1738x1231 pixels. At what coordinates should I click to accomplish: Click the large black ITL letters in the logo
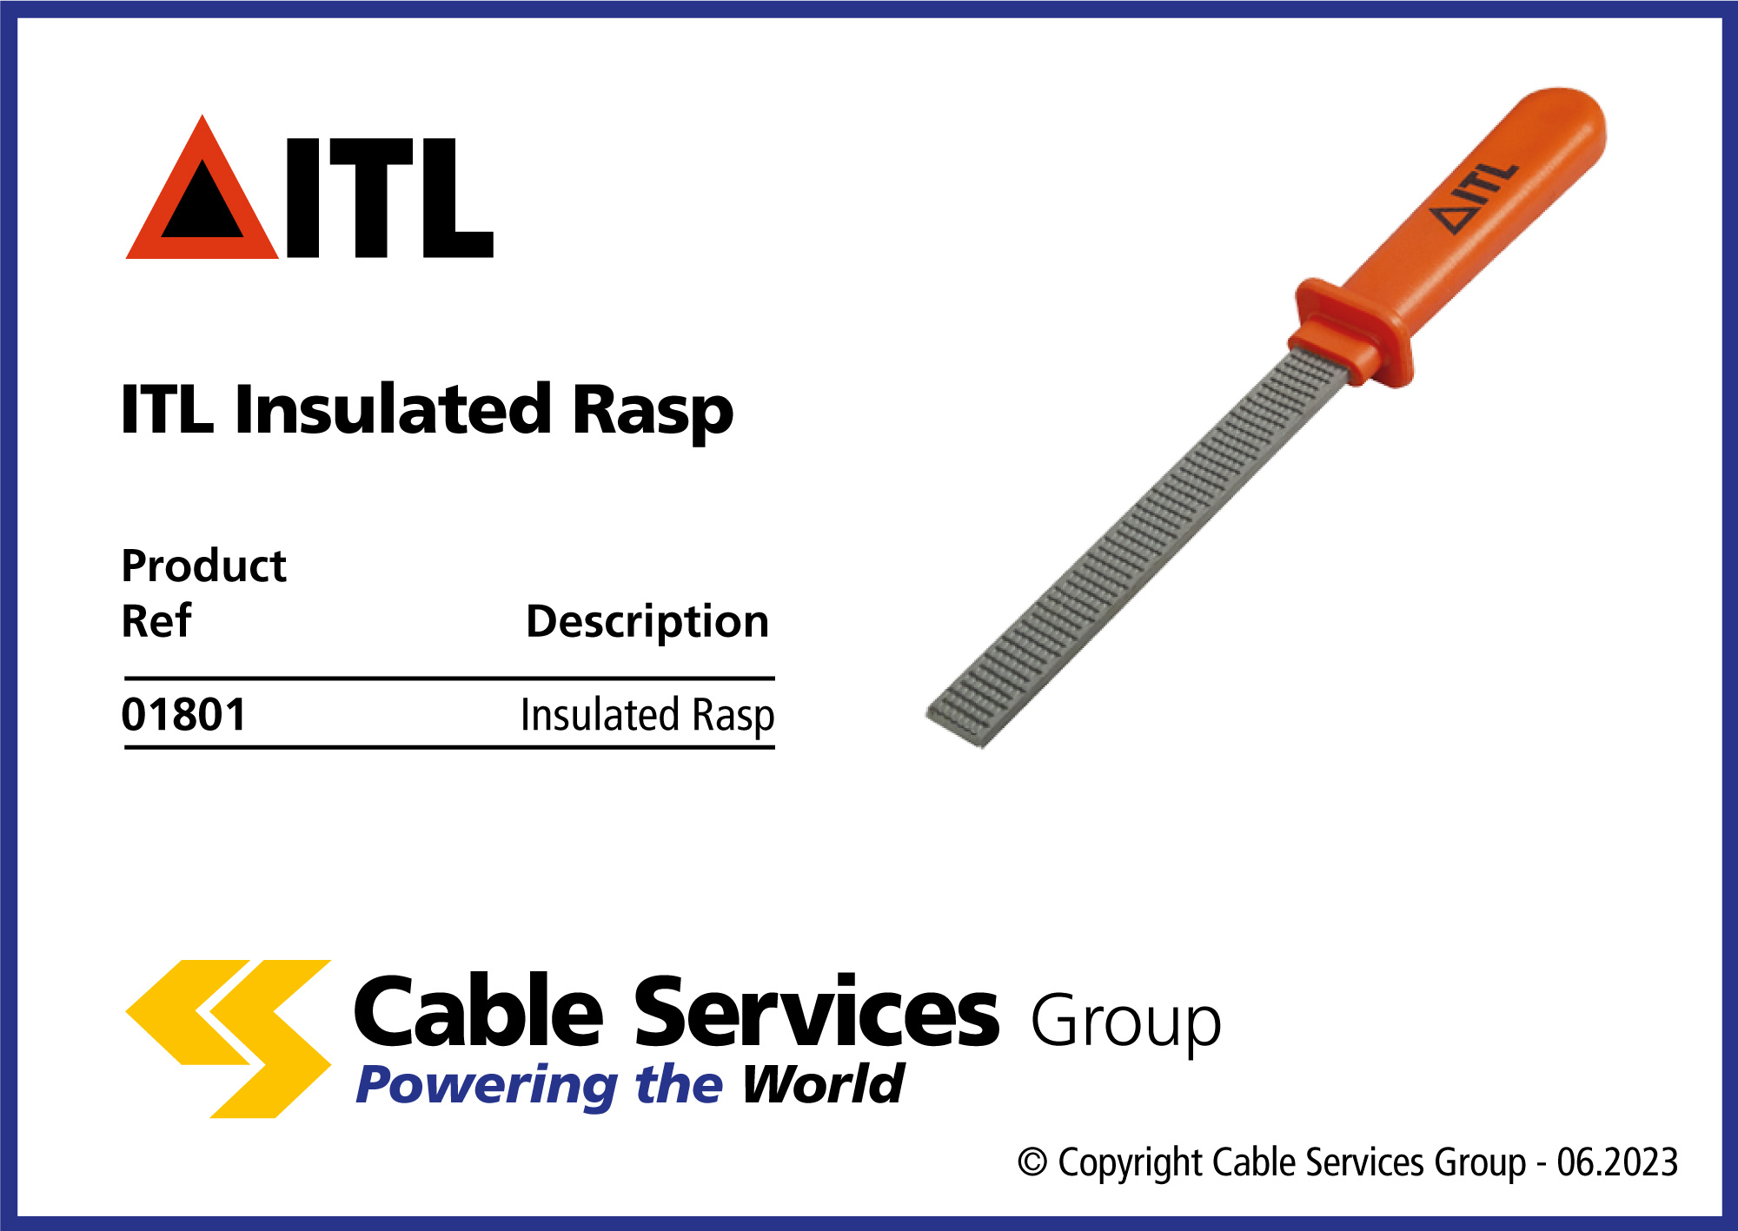[x=389, y=198]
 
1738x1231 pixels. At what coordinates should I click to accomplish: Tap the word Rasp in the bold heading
[x=653, y=411]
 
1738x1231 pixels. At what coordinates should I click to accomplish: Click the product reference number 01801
[x=184, y=715]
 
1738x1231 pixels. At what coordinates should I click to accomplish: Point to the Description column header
[x=647, y=622]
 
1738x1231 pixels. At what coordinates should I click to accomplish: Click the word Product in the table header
[x=204, y=566]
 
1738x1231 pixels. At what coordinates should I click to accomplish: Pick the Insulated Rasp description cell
[x=647, y=716]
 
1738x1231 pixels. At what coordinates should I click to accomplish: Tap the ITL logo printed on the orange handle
[x=1474, y=197]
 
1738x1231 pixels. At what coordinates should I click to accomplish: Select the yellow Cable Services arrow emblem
[x=229, y=1039]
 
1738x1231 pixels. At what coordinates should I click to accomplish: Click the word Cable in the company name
[x=478, y=1011]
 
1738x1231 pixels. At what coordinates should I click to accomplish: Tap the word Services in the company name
[x=817, y=1011]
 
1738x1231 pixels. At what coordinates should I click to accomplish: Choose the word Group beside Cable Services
[x=1126, y=1023]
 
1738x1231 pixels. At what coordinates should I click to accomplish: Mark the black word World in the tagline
[x=823, y=1084]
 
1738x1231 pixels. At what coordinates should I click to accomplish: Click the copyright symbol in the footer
[x=1032, y=1162]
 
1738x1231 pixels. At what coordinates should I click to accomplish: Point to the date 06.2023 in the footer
[x=1617, y=1162]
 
